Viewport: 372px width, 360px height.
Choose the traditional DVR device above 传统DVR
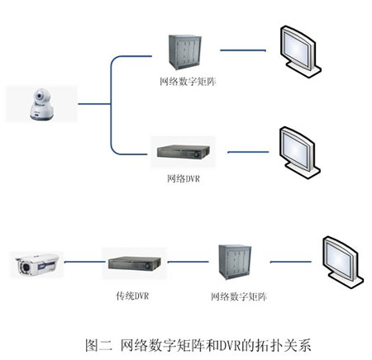coord(132,264)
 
